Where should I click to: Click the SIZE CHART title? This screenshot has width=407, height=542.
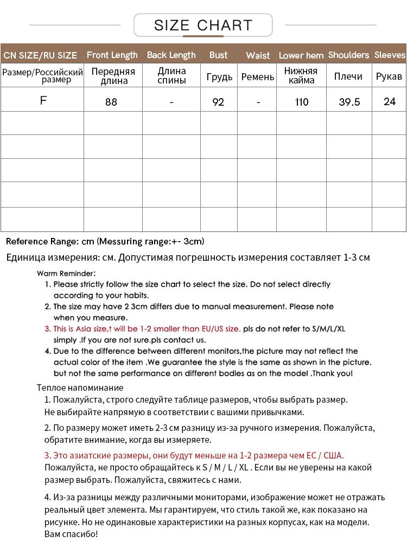point(203,25)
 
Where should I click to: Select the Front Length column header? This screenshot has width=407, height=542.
point(112,55)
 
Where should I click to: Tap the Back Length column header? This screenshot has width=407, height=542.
point(171,55)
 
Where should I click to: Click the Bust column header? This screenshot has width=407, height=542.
point(218,55)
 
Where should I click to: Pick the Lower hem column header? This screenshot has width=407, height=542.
point(301,55)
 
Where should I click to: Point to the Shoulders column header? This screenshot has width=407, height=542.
point(348,55)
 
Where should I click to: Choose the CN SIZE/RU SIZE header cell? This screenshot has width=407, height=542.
point(41,55)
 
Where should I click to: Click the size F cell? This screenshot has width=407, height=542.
point(43,101)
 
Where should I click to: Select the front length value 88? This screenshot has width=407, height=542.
point(111,102)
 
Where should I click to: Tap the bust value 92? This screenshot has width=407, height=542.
point(218,102)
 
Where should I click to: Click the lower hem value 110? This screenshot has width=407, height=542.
point(302,102)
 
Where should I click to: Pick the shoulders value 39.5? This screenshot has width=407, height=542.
point(349,102)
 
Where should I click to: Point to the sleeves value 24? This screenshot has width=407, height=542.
point(390,101)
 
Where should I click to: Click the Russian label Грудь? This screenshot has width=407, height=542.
point(219,77)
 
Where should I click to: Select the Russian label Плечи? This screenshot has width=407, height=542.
point(348,76)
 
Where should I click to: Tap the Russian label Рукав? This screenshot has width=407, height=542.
point(389,76)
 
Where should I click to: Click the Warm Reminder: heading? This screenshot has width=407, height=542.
point(66,273)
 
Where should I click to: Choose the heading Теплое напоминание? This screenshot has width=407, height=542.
point(80,388)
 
